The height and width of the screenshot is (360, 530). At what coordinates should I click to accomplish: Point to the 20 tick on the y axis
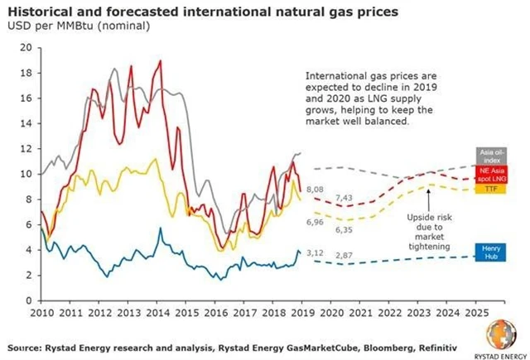click(25, 47)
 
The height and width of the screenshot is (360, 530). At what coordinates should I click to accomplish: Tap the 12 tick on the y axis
click(25, 149)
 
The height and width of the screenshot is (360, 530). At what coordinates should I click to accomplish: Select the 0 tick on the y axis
click(27, 300)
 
